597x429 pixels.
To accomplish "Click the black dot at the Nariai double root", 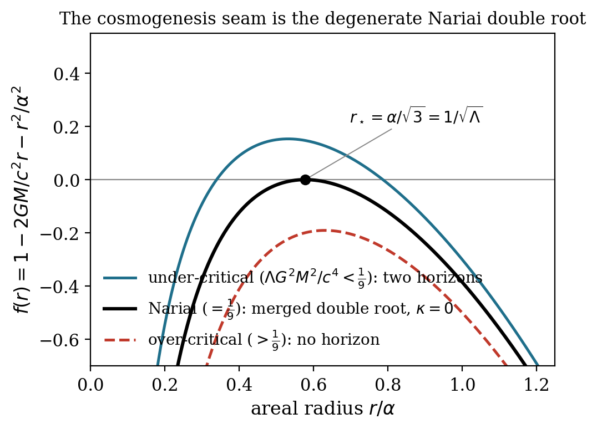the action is coord(305,180).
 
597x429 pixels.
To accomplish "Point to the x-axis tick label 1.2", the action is coord(537,385).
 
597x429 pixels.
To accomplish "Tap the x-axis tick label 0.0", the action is coord(90,385).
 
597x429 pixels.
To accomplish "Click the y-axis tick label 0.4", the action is coord(67,74).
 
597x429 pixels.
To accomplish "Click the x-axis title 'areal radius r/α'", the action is coord(323,409).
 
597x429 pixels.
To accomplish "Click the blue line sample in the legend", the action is coord(120,278).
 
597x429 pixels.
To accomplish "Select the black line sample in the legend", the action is coord(120,309).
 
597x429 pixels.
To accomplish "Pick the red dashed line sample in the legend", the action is coord(120,340).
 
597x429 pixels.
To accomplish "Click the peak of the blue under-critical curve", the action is coord(288,139).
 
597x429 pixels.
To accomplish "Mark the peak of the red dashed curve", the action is coord(324,230).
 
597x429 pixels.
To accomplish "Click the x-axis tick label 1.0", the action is coord(462,385).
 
